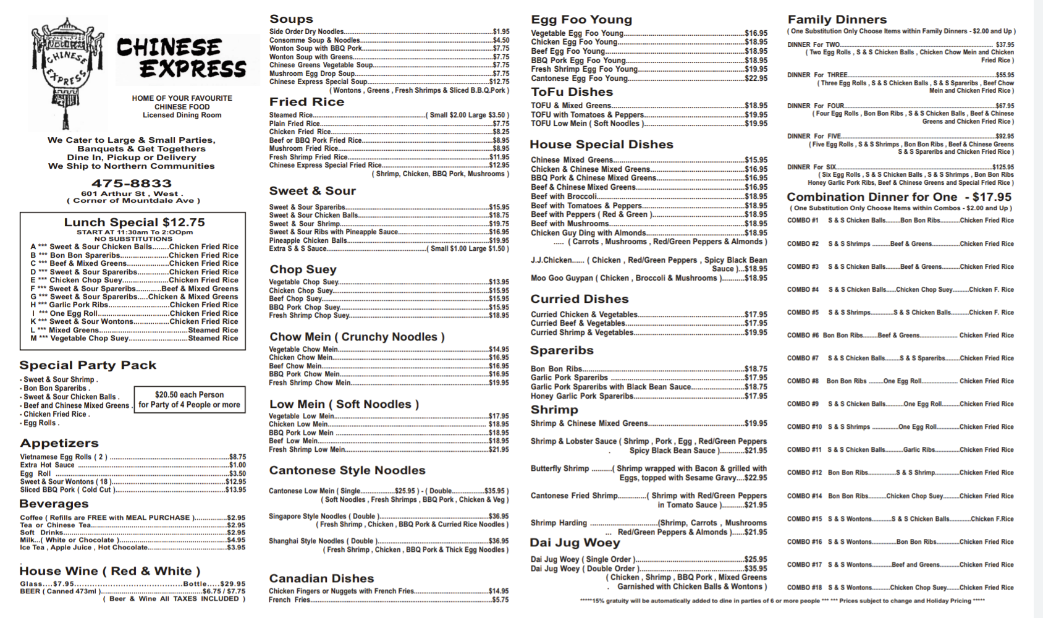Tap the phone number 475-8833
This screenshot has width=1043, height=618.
tap(132, 184)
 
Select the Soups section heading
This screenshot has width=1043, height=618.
tap(291, 19)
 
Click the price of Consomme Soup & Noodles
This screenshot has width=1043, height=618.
tap(501, 40)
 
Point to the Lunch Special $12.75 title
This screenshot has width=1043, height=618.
tap(134, 222)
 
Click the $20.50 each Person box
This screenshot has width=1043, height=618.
tap(190, 399)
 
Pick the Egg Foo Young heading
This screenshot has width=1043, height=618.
tap(581, 19)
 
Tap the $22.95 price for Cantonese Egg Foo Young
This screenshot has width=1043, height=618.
tap(756, 78)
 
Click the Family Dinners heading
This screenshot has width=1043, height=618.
tap(837, 19)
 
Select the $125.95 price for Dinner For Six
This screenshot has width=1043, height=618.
tap(1003, 167)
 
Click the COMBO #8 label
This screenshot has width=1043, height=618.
tap(803, 381)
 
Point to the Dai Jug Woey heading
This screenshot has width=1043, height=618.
tap(575, 543)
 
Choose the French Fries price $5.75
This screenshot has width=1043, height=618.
tap(500, 599)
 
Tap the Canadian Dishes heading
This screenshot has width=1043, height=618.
tap(321, 578)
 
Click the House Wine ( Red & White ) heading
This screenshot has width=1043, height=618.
tap(110, 571)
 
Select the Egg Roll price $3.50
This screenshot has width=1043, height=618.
tap(237, 474)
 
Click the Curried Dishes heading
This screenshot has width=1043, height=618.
tap(579, 299)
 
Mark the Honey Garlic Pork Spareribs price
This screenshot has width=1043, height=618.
tap(756, 396)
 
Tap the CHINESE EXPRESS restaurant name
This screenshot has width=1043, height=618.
tap(182, 58)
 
